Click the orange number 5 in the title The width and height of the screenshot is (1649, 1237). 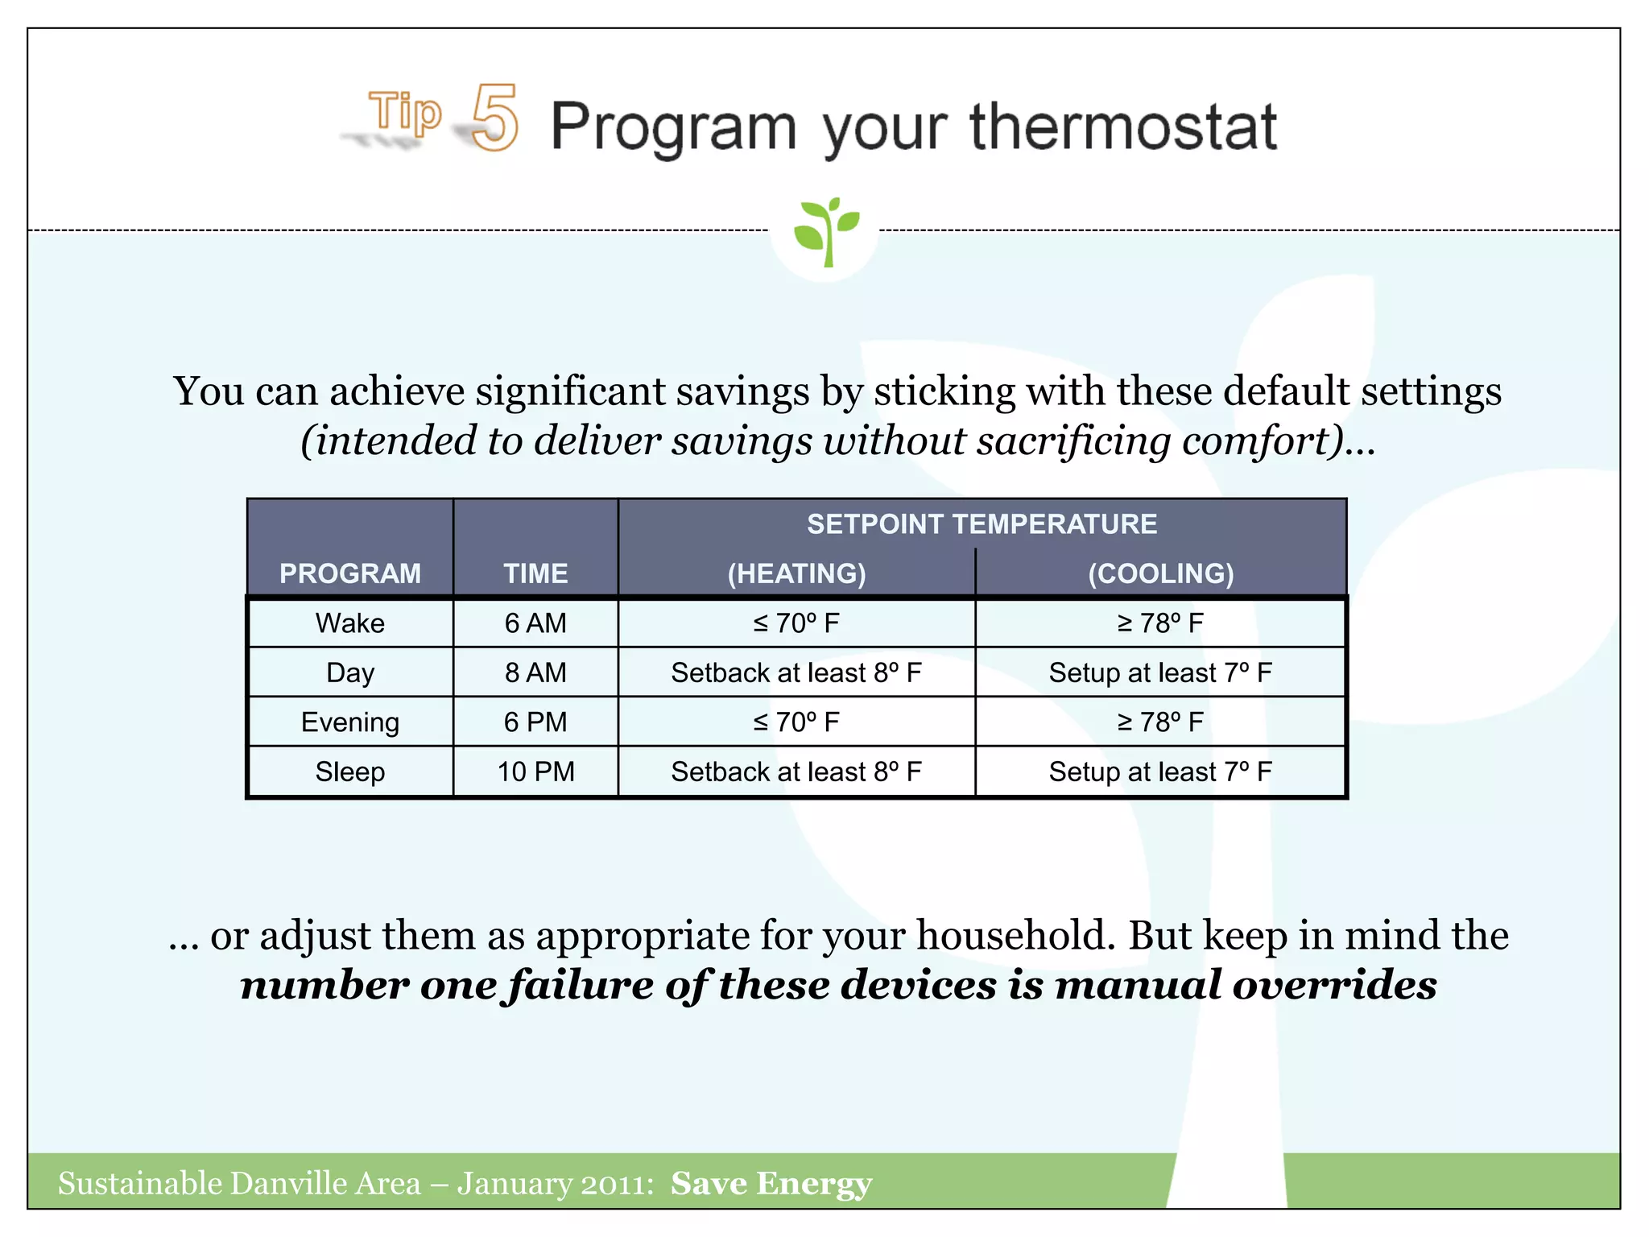pos(494,119)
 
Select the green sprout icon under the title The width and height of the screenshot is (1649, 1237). pos(826,231)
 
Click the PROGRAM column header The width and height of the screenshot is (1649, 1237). pos(350,573)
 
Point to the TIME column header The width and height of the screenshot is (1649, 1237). pos(535,573)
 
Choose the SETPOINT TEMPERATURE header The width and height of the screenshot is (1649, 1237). pos(982,524)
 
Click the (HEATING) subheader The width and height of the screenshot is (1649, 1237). pos(796,573)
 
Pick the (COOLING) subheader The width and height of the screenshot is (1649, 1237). pos(1160,573)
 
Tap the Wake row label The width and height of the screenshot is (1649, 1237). pos(350,623)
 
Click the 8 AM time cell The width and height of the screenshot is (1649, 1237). pos(535,672)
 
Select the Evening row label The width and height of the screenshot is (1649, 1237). pos(350,722)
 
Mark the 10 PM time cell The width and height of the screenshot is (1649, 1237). pos(535,772)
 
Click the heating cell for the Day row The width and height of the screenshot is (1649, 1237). pos(796,672)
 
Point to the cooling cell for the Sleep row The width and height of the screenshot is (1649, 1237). pos(1160,772)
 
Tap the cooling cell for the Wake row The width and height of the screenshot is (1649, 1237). pos(1160,623)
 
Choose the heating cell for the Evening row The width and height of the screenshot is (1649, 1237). pos(796,722)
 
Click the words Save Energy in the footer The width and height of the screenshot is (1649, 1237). pos(771,1183)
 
